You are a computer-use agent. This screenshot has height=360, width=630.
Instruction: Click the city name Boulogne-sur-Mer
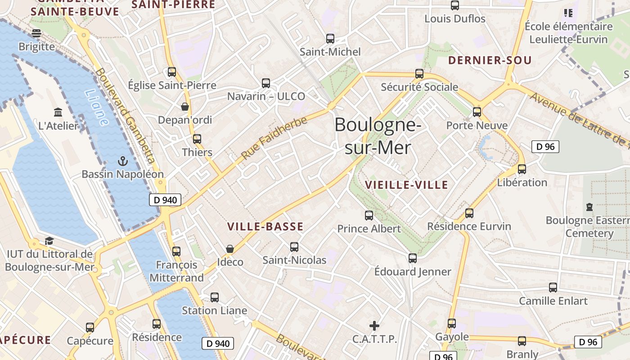click(378, 136)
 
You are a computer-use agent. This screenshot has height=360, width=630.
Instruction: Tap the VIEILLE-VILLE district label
click(406, 184)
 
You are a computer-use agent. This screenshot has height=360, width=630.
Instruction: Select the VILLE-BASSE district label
click(265, 226)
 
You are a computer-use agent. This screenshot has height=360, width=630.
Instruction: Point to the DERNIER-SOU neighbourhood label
click(490, 60)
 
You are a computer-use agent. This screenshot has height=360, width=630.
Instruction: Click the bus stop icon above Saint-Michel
click(330, 39)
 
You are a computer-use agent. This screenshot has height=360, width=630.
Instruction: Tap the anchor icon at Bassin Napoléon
click(122, 161)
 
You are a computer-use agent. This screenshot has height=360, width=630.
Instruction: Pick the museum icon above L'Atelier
click(58, 112)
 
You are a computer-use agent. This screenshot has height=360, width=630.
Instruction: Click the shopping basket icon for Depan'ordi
click(184, 107)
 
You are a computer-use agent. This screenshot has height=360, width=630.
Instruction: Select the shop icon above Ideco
click(230, 248)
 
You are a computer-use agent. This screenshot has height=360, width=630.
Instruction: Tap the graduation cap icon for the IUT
click(49, 241)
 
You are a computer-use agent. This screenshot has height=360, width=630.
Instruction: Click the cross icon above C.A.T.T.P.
click(374, 325)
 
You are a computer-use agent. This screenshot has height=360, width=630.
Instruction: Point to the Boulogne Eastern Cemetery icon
click(589, 207)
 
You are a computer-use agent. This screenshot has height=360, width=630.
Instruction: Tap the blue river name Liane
click(97, 108)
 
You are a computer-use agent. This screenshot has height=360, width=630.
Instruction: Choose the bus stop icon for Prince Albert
click(369, 216)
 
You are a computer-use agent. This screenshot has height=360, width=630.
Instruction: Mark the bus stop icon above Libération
click(522, 169)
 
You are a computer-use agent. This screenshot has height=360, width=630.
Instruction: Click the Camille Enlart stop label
click(553, 301)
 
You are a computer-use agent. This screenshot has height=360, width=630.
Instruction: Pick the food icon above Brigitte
click(36, 33)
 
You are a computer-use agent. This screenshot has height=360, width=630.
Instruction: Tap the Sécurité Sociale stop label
click(419, 87)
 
